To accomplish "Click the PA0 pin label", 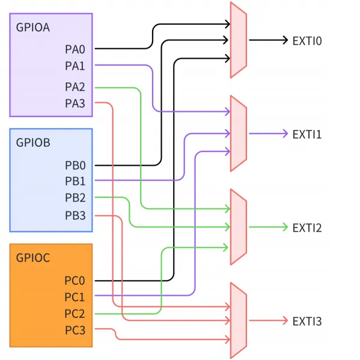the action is [x=75, y=49].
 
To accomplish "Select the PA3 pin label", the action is [x=75, y=103].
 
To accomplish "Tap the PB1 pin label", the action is [x=75, y=181].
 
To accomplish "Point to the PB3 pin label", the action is [x=75, y=215].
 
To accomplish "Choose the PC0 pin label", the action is [x=75, y=280].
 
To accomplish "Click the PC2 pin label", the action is [x=75, y=314].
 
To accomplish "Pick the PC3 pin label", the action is [x=75, y=330].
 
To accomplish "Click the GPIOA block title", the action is [x=33, y=27].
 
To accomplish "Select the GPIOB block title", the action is [x=33, y=142].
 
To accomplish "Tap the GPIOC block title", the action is [x=33, y=258].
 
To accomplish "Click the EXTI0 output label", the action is [x=307, y=41].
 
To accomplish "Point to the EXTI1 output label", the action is [x=307, y=134].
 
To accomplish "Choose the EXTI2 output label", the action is [x=307, y=228].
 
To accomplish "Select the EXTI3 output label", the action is [x=307, y=321].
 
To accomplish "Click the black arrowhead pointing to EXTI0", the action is [x=285, y=40].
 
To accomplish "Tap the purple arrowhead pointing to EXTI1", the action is [x=285, y=133].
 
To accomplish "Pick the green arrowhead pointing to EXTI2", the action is [x=285, y=227].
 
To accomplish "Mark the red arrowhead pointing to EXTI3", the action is [x=285, y=320].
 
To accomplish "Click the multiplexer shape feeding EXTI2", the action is [x=239, y=227].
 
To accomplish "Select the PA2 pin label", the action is [x=75, y=87].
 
